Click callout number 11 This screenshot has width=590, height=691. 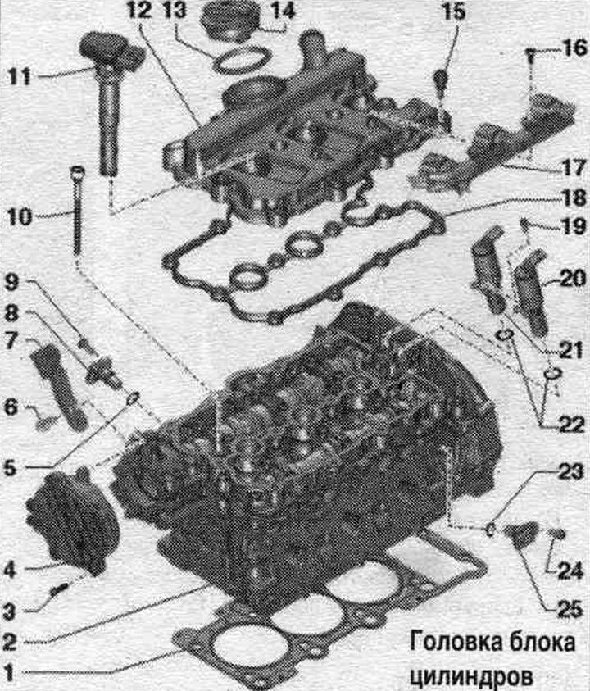20,78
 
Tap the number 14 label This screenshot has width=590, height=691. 282,11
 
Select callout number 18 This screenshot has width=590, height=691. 574,198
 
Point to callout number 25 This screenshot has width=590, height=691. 571,610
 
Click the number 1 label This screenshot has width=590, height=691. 9,673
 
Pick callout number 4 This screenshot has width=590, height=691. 10,571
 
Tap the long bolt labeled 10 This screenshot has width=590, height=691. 78,211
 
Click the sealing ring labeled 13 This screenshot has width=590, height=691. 241,60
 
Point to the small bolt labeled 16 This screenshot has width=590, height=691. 531,57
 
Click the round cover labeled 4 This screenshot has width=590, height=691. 72,522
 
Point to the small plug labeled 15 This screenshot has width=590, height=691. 442,80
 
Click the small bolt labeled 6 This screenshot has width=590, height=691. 45,423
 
